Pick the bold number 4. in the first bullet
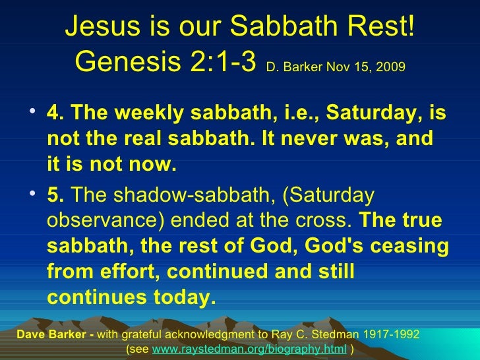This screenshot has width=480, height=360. pyautogui.click(x=55, y=115)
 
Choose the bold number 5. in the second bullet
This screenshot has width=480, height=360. pyautogui.click(x=55, y=196)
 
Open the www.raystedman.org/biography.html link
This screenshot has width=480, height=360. pyautogui.click(x=249, y=348)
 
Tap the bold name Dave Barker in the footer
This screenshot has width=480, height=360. pyautogui.click(x=44, y=334)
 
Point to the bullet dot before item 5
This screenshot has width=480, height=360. pyautogui.click(x=33, y=196)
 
